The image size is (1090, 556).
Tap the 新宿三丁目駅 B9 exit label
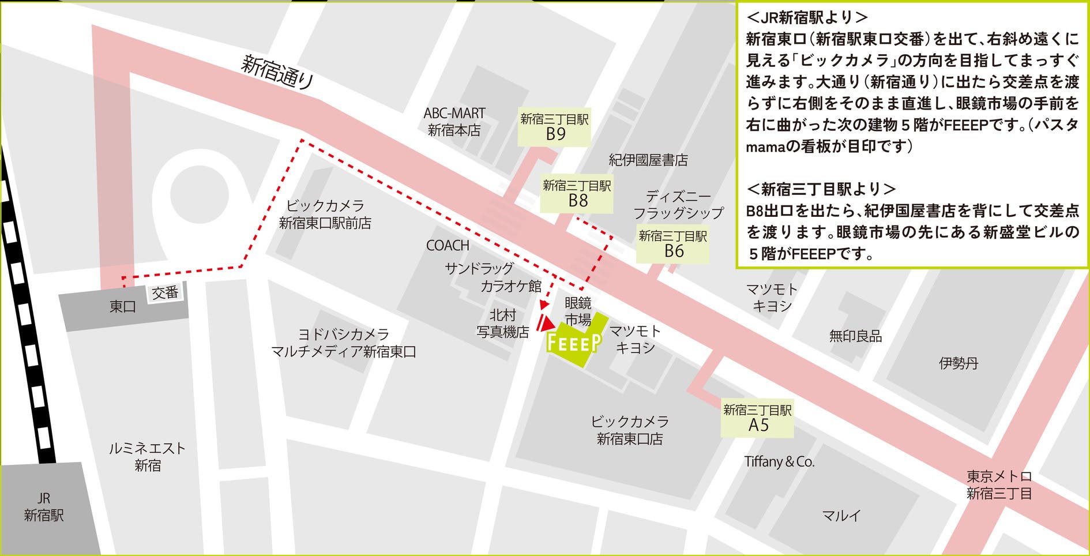point(555,127)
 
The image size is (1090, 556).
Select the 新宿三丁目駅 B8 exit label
point(577,193)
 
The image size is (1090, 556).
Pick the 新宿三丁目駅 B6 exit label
point(673,244)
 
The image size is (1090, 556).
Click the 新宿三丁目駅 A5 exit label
point(758,418)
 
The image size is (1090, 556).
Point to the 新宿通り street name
point(277,72)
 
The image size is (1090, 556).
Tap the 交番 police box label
point(165,293)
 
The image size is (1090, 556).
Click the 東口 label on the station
point(122,307)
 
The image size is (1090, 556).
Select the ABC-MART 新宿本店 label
point(454,122)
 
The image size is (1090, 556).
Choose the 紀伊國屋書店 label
point(648,160)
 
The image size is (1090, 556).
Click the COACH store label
point(448,246)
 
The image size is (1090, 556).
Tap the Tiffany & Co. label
point(779,462)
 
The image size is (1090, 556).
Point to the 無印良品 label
point(855,336)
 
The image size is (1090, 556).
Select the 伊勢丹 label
point(959,363)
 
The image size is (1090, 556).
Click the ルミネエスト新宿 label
point(148,457)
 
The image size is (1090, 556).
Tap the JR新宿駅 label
point(44,507)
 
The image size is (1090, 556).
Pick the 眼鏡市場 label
point(578,311)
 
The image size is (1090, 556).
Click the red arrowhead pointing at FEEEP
point(546,324)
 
